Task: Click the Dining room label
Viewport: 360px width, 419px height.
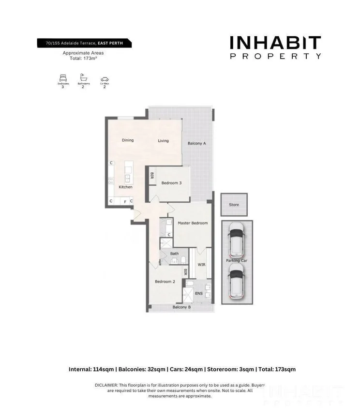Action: coord(128,141)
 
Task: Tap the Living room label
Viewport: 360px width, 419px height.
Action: coord(163,141)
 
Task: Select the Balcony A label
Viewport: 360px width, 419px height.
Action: coord(197,144)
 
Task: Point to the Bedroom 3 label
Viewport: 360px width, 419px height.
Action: coord(171,183)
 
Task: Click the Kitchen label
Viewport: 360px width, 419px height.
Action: coord(125,187)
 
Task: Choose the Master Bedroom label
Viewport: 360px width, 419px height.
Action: coord(193,223)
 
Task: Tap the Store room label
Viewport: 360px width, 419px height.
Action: coord(234,205)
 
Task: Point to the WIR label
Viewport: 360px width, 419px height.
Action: coord(202,265)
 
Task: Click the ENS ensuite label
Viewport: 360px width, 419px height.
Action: coord(198,293)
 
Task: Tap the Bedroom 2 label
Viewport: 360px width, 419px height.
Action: coord(165,282)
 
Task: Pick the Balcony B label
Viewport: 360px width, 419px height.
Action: coord(182,307)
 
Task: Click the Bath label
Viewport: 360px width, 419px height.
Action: coord(175,254)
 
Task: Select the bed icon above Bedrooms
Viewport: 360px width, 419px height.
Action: coord(63,78)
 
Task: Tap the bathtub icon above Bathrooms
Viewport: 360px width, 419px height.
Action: coord(83,78)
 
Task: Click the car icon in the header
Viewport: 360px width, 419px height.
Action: coord(104,79)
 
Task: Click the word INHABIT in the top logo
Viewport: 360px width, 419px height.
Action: coord(275,43)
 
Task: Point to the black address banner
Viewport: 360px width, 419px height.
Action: coord(84,44)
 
